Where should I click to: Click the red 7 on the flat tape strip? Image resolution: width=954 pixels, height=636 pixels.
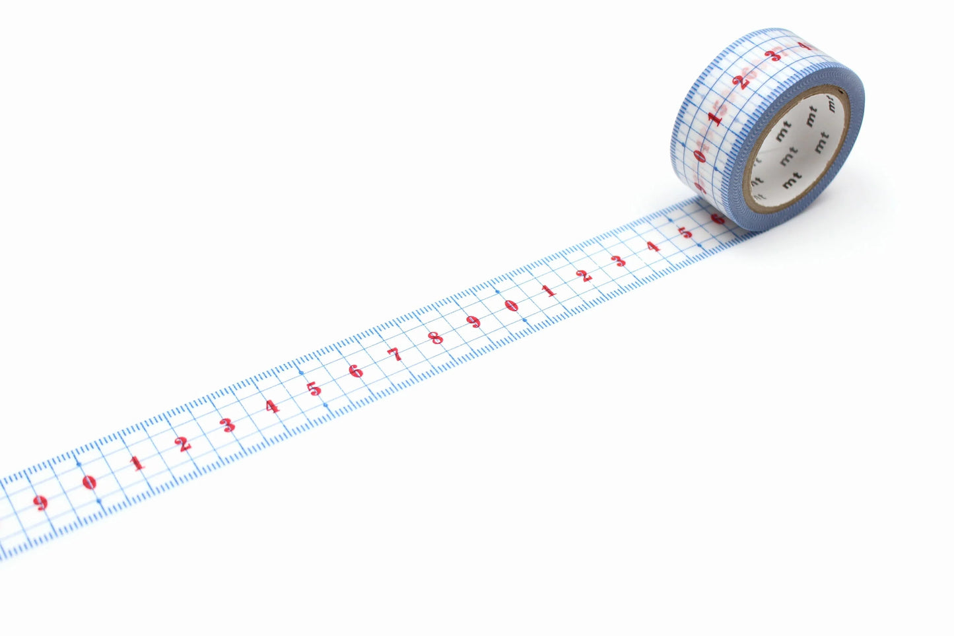click(x=395, y=355)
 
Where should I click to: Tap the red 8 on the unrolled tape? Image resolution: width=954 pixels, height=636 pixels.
click(x=436, y=338)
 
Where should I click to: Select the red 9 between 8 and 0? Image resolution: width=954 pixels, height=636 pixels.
click(x=473, y=322)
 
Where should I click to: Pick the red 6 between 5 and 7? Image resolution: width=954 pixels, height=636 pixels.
click(x=356, y=371)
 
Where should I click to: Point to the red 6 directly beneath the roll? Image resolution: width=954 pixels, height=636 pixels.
click(x=717, y=218)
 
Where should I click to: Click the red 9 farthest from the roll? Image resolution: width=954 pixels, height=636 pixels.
click(x=41, y=503)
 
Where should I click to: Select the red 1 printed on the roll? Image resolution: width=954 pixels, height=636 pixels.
click(x=714, y=118)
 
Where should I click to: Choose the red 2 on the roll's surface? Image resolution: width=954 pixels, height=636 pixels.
click(x=741, y=81)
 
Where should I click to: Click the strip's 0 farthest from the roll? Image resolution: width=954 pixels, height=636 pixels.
click(x=90, y=483)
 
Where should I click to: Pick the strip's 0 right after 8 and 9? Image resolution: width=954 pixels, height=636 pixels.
click(x=510, y=306)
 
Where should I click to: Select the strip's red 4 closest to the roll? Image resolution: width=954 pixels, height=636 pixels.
click(x=653, y=247)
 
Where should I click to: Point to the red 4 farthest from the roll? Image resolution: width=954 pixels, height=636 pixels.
click(x=271, y=406)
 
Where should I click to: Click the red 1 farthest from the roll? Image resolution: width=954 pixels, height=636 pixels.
click(x=137, y=463)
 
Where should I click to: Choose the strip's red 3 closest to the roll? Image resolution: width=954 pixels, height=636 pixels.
click(x=619, y=261)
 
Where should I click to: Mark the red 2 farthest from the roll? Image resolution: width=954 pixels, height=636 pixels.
click(x=183, y=444)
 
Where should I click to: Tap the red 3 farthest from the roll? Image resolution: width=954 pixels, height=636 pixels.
click(x=228, y=425)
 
